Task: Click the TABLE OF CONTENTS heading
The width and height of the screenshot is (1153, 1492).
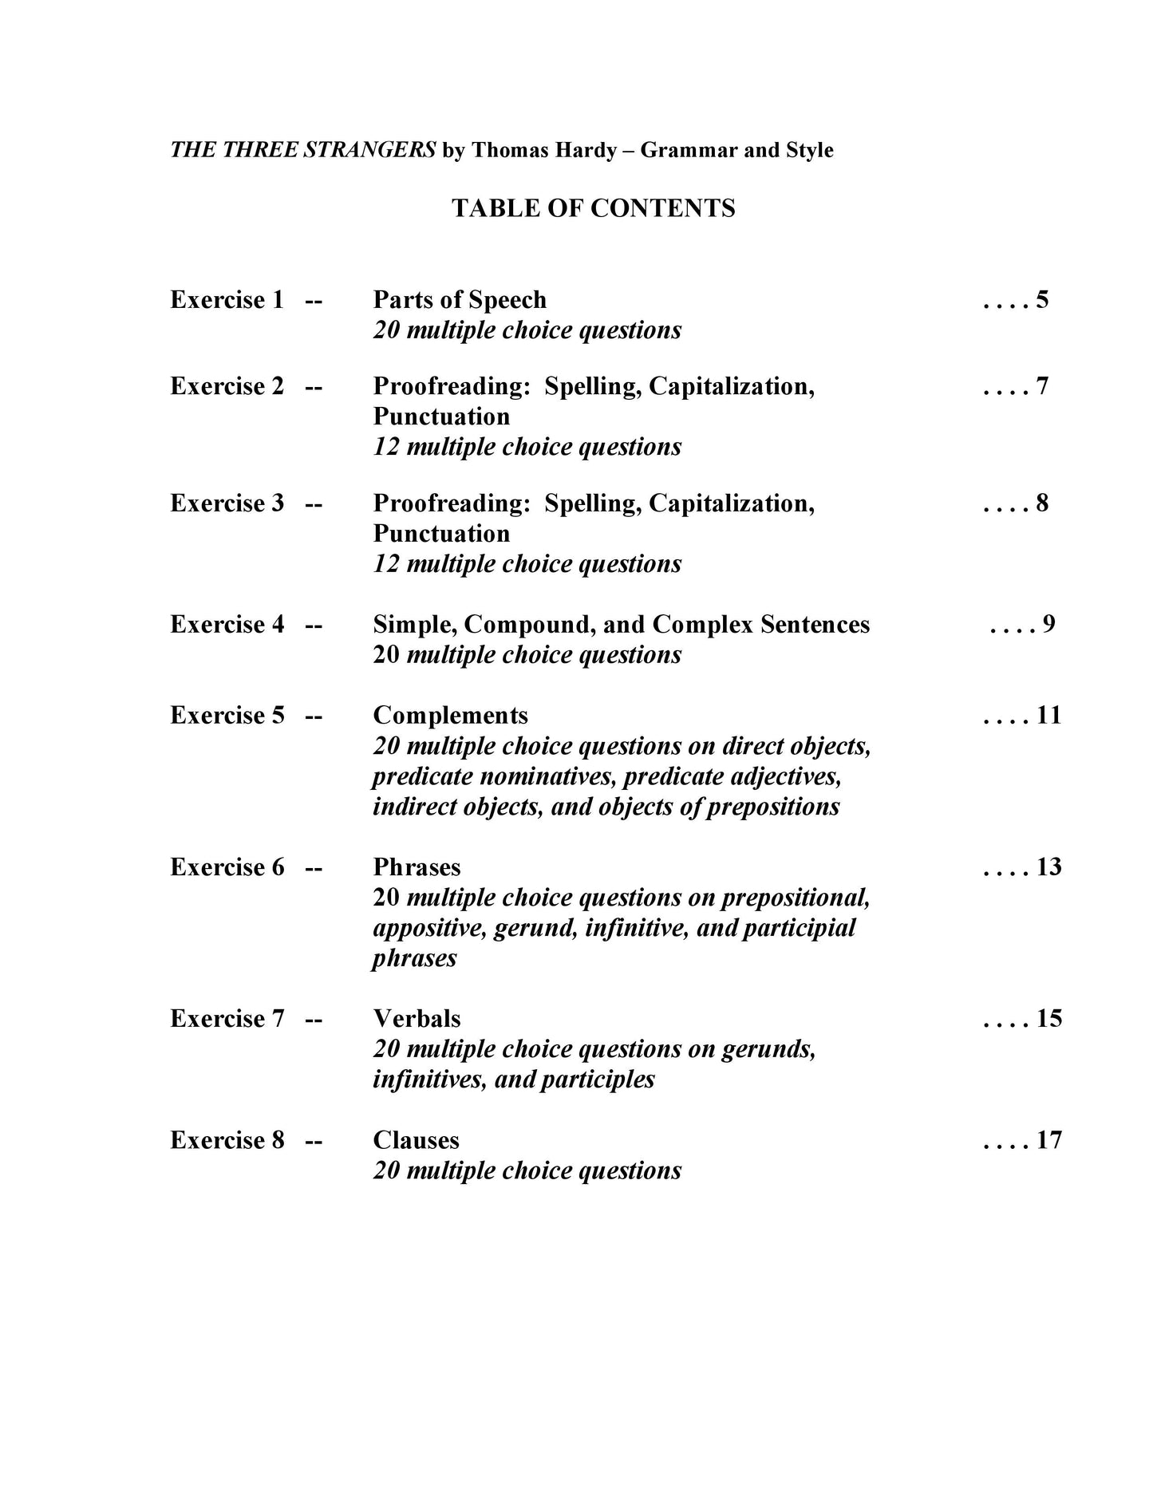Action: [x=593, y=208]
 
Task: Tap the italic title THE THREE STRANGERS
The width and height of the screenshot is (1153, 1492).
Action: [x=303, y=150]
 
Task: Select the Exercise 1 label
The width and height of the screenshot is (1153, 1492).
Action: [x=227, y=300]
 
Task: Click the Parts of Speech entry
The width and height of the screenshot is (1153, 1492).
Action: [x=460, y=300]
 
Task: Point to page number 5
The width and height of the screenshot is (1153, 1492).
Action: [x=1042, y=300]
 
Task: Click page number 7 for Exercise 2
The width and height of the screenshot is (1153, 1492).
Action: [x=1042, y=386]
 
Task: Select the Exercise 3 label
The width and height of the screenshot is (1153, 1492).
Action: [x=227, y=503]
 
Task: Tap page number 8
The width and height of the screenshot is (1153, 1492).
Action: [x=1042, y=503]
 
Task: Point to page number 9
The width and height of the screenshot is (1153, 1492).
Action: [x=1048, y=624]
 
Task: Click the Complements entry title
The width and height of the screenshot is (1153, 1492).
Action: [x=450, y=715]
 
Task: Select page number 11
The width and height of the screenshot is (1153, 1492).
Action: [x=1048, y=715]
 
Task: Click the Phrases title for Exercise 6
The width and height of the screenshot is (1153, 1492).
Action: [x=417, y=867]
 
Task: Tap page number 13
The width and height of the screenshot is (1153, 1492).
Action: [x=1048, y=867]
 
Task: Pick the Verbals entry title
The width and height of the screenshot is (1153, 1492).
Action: [x=417, y=1019]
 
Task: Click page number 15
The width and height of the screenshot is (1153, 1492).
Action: [x=1048, y=1019]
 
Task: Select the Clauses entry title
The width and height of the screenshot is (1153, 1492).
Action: [x=416, y=1140]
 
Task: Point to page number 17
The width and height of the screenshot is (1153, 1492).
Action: [x=1048, y=1140]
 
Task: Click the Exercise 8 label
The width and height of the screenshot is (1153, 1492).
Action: [x=227, y=1140]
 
